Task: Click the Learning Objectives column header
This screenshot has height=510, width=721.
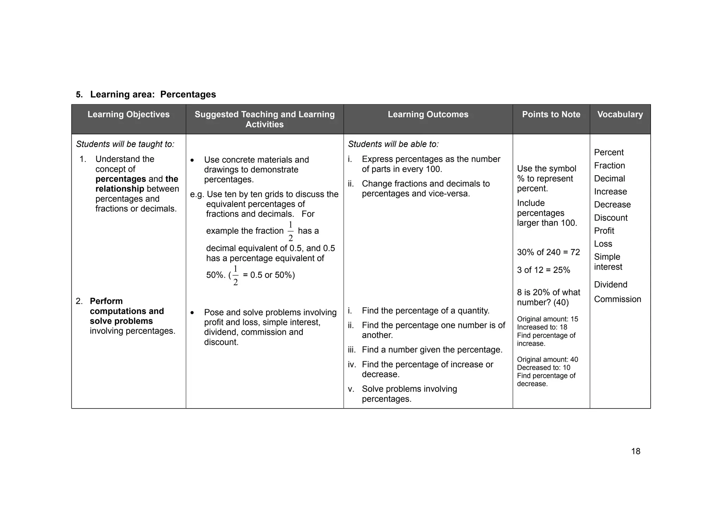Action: tap(128, 115)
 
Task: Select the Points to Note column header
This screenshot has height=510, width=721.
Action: tap(551, 115)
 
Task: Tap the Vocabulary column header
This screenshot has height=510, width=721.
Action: tap(620, 115)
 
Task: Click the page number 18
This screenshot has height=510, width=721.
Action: tap(635, 451)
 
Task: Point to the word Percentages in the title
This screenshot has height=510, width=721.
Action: tap(188, 94)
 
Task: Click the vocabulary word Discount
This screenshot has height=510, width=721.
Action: tap(610, 218)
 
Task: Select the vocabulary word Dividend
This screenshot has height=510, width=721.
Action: tap(610, 285)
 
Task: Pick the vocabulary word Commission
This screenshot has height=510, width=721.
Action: tap(617, 299)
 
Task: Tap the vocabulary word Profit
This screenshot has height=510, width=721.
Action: tap(604, 231)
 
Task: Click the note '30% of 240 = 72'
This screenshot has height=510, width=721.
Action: tap(548, 252)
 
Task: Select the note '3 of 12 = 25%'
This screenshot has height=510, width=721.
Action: tap(543, 270)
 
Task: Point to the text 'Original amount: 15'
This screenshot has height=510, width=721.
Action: tap(547, 319)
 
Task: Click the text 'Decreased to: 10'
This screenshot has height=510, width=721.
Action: tap(543, 368)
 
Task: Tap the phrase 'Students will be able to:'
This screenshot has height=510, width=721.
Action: tap(393, 144)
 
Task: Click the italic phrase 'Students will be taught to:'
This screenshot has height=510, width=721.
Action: tap(125, 144)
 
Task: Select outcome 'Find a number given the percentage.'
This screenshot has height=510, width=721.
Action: tap(432, 350)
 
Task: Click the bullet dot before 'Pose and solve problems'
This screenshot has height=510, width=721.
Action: tap(192, 313)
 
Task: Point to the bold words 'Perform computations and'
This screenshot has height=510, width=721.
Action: tap(127, 306)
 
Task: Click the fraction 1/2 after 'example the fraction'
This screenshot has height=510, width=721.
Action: tap(290, 232)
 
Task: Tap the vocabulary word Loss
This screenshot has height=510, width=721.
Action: tap(603, 244)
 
